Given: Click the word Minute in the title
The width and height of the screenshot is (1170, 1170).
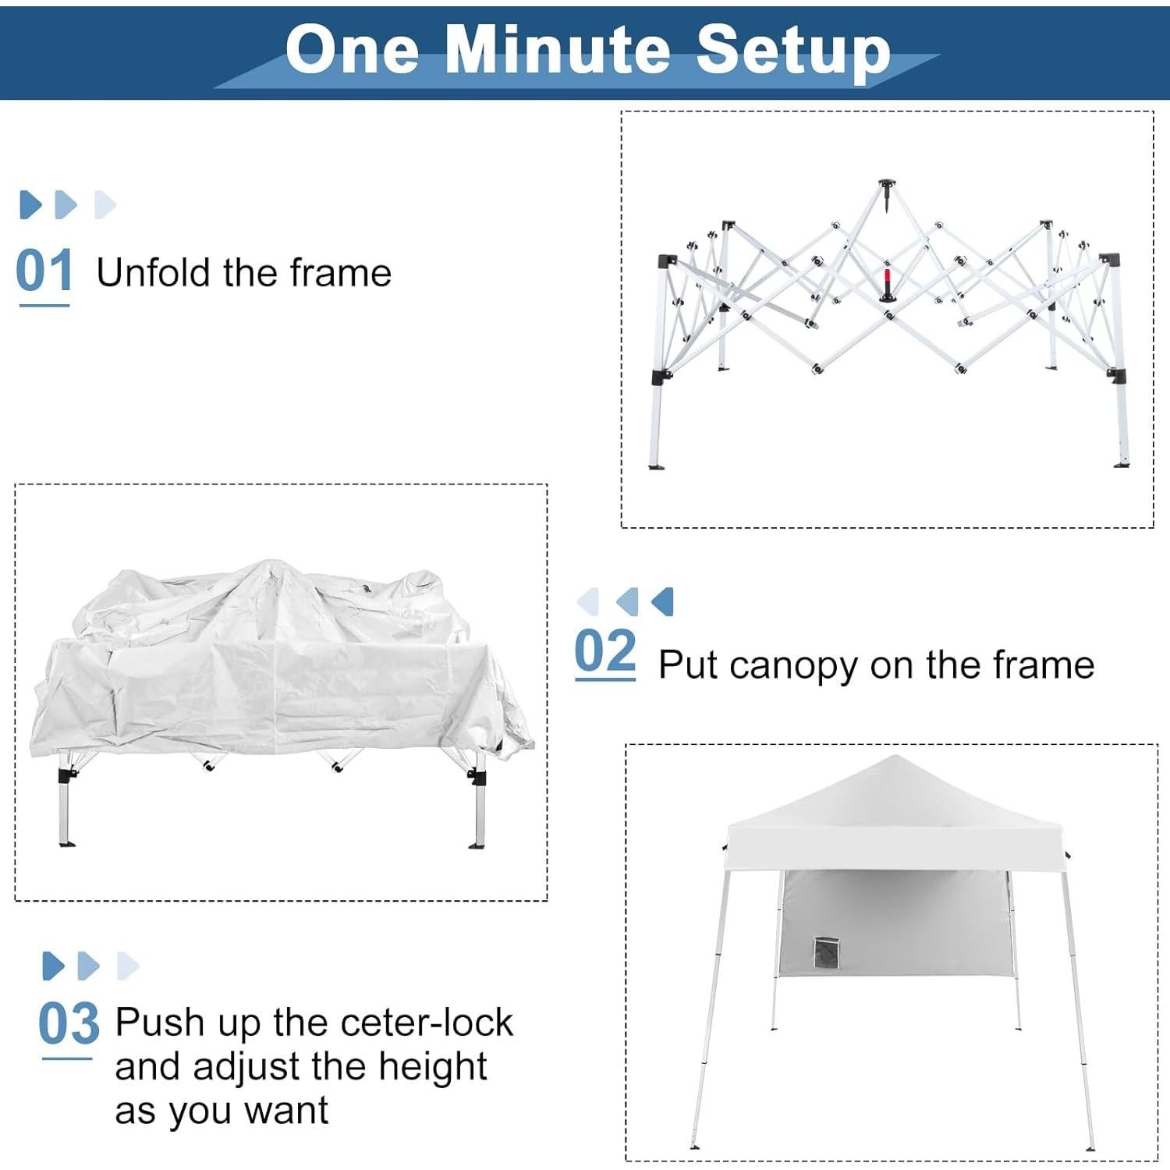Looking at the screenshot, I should (x=557, y=51).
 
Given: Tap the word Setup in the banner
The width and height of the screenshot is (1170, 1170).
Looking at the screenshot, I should (x=793, y=51).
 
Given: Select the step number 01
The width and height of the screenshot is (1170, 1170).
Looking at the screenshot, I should (x=44, y=271).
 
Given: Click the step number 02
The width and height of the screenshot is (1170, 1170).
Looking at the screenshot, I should (x=605, y=652).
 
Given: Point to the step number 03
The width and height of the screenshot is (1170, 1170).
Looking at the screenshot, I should (x=69, y=1024).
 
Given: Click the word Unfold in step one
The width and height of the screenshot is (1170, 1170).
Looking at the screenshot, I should (x=153, y=273).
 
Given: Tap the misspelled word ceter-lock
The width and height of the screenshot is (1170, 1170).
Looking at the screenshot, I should (x=427, y=1023).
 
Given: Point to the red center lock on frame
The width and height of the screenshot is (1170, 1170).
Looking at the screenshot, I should (x=887, y=282).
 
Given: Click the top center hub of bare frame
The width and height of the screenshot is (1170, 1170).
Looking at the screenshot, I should (x=888, y=187).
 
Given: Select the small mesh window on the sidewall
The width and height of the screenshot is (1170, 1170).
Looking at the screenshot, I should (x=824, y=952).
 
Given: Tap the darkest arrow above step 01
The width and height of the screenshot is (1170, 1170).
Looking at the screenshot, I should (x=30, y=204).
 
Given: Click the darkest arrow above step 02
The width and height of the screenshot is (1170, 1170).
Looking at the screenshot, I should (x=663, y=601).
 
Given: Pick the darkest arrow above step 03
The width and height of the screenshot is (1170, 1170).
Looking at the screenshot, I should (x=53, y=966).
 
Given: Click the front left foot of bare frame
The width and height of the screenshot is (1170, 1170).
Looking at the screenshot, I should (x=657, y=466).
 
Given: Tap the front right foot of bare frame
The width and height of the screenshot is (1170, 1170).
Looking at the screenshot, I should (x=1122, y=464).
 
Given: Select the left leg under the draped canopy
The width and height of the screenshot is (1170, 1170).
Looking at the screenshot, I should (x=66, y=811).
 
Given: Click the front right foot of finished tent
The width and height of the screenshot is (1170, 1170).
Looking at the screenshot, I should (x=1090, y=1147).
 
